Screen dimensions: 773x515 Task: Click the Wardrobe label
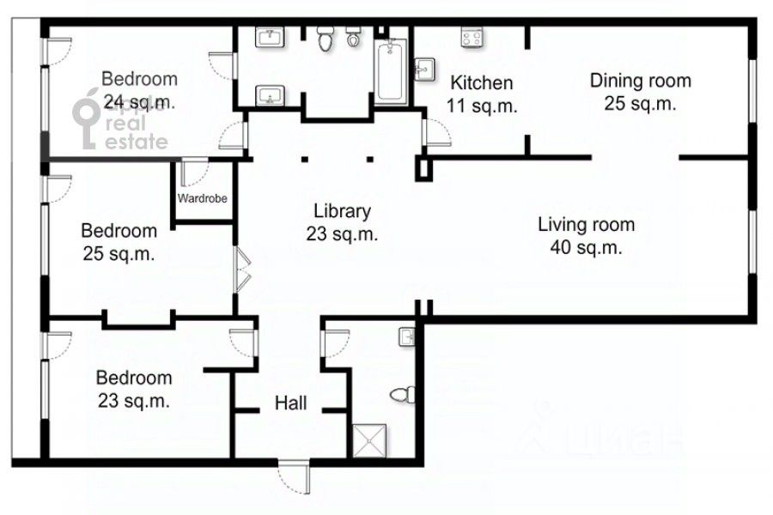(x=202, y=198)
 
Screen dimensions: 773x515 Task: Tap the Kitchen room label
(x=482, y=82)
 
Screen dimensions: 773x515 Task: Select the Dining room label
(x=641, y=81)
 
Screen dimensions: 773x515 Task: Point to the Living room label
(x=586, y=225)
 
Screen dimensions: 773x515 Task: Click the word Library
(x=342, y=211)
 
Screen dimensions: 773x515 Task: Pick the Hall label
(x=290, y=403)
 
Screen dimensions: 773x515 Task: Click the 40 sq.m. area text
(x=586, y=247)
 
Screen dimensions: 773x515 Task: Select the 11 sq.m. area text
(x=482, y=106)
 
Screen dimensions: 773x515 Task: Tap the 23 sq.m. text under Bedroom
(x=134, y=400)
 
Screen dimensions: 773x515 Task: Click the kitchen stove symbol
(x=472, y=38)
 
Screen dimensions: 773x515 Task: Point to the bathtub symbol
(x=391, y=71)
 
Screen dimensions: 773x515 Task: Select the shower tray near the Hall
(x=369, y=440)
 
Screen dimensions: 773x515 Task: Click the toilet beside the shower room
(x=403, y=395)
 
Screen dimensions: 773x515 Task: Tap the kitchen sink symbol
(x=424, y=70)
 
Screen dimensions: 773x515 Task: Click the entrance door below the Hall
(x=295, y=476)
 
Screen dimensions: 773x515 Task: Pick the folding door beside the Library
(x=243, y=270)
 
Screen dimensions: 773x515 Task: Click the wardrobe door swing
(x=194, y=173)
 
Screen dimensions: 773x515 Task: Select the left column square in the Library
(x=305, y=159)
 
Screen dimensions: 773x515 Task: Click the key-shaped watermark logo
(x=87, y=118)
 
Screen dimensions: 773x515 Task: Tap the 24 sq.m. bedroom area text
(x=139, y=102)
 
